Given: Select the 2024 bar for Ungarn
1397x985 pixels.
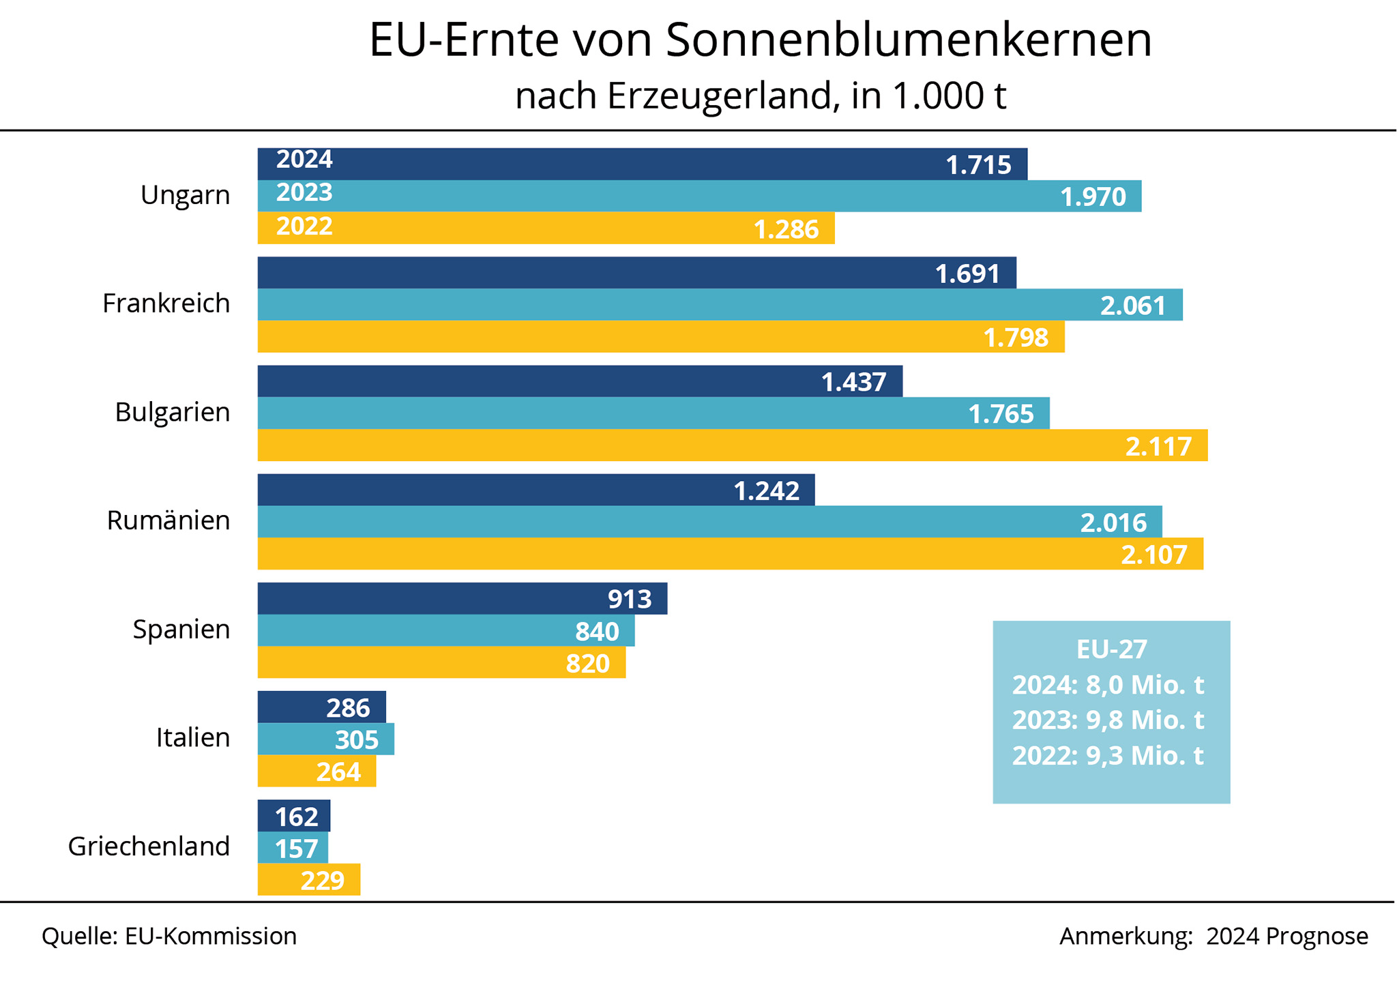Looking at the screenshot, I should pos(641,164).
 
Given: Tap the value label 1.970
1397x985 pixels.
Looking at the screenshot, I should pos(1093,197).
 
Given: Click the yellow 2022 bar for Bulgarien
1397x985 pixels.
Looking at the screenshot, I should pos(732,445).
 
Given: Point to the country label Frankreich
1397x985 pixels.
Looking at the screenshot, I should pos(166,304).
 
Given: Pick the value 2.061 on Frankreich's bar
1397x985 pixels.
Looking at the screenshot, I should pos(1133,306).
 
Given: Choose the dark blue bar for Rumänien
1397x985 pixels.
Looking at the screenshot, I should pos(535,490).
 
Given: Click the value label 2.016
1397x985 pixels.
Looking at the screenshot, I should pos(1113,523).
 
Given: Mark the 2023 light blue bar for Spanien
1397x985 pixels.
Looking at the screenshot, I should pos(445,630).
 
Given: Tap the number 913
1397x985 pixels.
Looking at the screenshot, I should pos(630,599).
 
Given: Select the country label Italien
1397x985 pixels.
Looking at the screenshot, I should pos(193,738).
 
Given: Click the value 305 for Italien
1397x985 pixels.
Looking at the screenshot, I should pos(357,739).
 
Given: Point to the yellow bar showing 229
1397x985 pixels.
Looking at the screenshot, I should pos(308,880).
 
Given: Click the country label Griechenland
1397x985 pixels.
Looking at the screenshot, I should pos(149,847).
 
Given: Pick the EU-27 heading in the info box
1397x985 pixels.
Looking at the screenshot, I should pos(1111,649).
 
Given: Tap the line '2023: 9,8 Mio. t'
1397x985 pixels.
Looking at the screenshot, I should pos(1108,720).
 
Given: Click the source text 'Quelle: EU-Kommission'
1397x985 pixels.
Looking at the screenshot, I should pos(169,937).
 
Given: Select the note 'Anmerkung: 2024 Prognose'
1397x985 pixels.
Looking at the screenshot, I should pos(1214,937).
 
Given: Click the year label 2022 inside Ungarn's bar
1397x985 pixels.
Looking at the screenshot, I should pos(304,226).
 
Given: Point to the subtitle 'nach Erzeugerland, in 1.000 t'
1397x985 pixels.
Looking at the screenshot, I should pos(760,96).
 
